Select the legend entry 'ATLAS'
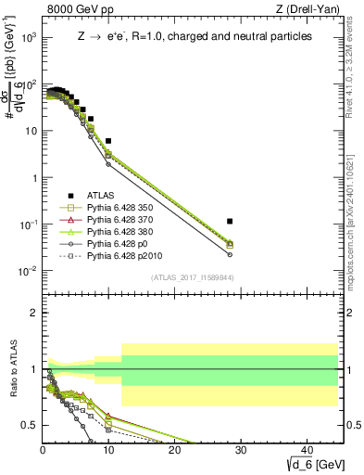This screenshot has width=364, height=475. [101, 196]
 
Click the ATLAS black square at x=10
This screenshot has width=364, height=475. [108, 141]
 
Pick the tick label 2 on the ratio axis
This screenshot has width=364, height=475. [34, 313]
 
